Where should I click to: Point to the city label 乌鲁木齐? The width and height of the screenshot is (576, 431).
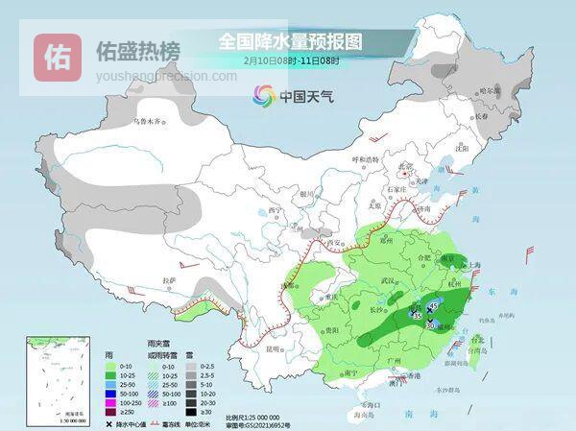150,122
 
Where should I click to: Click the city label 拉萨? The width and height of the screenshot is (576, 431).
170,280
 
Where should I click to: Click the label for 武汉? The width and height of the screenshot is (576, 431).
389,279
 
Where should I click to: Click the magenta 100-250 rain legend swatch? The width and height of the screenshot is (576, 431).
111,402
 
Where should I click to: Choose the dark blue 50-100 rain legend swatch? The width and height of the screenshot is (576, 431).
111,393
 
